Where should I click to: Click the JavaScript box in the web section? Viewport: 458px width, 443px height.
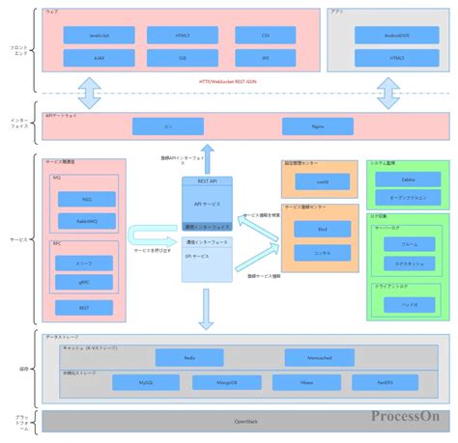click(x=99, y=35)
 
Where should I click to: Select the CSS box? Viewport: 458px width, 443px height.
click(x=265, y=35)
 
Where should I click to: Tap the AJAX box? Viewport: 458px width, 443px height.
click(x=99, y=59)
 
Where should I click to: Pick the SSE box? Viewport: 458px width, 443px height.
click(x=182, y=59)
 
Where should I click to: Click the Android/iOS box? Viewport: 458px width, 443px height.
click(x=396, y=35)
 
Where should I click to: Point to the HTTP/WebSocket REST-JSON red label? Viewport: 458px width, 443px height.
click(x=229, y=83)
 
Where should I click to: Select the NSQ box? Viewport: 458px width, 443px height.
click(x=86, y=199)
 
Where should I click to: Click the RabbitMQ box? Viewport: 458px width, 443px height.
click(x=86, y=221)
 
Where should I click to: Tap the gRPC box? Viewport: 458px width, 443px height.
click(x=86, y=282)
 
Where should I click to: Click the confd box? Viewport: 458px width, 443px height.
click(x=320, y=180)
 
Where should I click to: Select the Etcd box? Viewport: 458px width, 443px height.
click(x=320, y=230)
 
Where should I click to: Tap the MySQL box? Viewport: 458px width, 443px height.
click(x=146, y=383)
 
